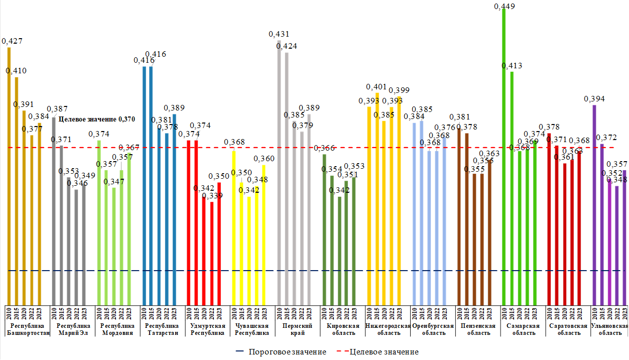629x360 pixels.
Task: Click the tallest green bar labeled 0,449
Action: tap(504, 156)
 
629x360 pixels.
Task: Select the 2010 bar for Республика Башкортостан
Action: tap(9, 176)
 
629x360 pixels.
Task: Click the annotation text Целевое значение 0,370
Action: tap(97, 119)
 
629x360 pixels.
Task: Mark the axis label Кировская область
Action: tap(342, 329)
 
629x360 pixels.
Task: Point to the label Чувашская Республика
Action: tap(253, 329)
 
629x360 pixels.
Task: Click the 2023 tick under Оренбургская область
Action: tap(444, 312)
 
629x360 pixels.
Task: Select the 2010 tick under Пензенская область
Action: tap(459, 312)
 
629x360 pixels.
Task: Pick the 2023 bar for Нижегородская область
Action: tap(400, 201)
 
